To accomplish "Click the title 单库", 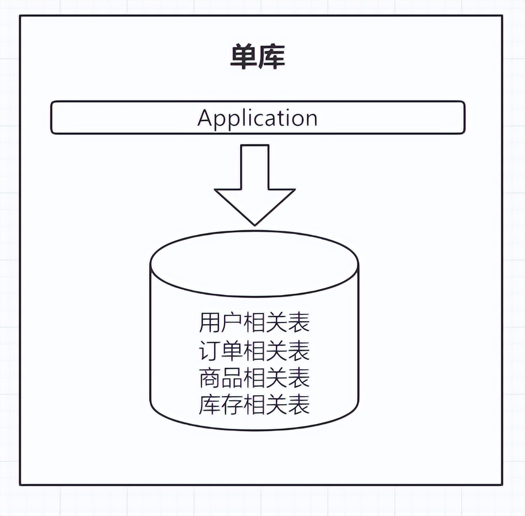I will pos(258,57).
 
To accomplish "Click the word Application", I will pos(258,118).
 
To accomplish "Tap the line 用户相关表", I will pos(254,323).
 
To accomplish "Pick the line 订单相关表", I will pos(254,351).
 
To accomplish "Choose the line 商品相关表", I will pos(254,378).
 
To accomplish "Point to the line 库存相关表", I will pos(254,405).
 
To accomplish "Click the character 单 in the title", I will pos(244,57).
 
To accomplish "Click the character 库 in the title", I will pos(271,57).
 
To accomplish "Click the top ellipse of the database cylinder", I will pos(254,264).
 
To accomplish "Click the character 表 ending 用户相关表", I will pos(299,323).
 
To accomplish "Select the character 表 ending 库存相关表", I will pos(299,405).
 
